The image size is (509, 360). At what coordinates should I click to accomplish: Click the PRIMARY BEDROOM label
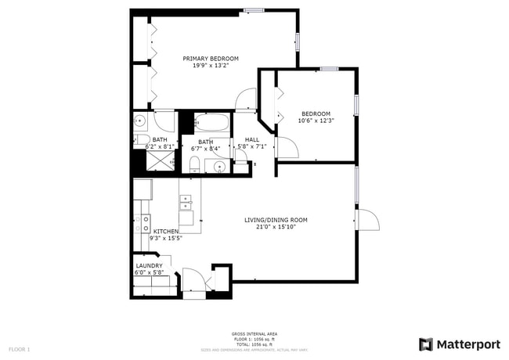[x=211, y=59]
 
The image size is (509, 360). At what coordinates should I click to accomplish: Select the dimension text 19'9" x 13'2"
[x=211, y=66]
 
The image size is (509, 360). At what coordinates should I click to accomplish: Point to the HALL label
[x=251, y=140]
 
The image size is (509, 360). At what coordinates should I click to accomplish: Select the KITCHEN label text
[x=165, y=232]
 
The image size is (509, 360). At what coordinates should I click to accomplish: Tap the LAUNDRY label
[x=149, y=266]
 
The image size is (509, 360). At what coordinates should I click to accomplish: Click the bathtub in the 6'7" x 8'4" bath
[x=211, y=123]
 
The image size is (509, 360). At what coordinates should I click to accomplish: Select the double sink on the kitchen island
[x=186, y=209]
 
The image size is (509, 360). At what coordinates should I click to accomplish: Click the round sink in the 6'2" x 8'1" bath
[x=139, y=121]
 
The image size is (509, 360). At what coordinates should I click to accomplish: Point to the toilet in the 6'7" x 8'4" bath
[x=194, y=163]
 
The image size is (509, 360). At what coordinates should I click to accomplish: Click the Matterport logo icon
[x=425, y=344]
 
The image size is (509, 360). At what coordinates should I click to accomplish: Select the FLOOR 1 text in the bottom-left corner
[x=19, y=348]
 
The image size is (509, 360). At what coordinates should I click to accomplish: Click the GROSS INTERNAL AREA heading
[x=254, y=333]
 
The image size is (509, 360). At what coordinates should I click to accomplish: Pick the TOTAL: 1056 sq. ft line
[x=254, y=344]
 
